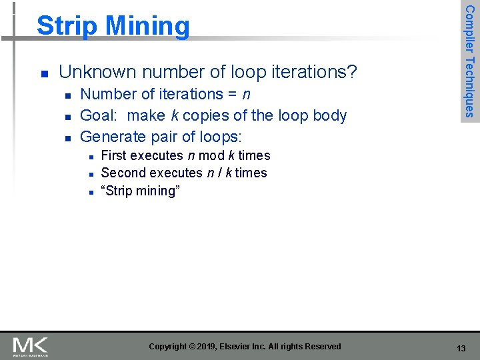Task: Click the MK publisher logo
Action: click(30, 347)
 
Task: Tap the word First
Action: click(113, 155)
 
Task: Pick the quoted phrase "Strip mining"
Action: click(140, 191)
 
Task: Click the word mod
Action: click(212, 155)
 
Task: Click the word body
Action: click(330, 115)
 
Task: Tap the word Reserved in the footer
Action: click(323, 347)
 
